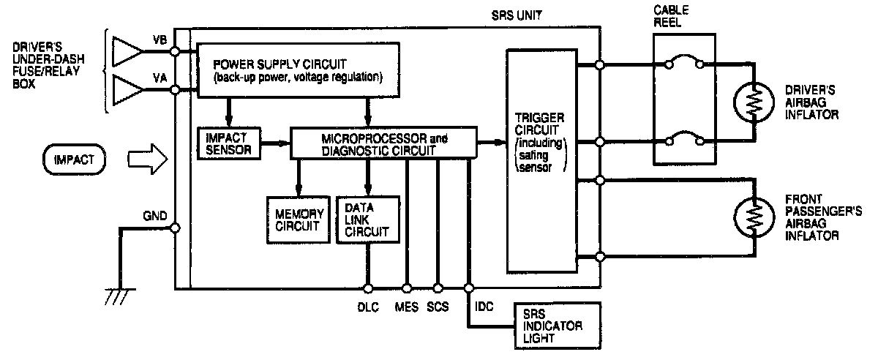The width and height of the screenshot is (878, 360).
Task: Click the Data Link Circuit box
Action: point(368,219)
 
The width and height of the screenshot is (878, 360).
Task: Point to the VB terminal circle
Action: point(176,52)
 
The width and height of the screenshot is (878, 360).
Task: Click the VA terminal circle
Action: point(176,90)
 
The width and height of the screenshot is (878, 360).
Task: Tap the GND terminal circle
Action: point(176,228)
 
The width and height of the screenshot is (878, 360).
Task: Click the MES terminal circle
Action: point(407,288)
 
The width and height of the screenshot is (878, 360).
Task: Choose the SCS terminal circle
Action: point(438,288)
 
